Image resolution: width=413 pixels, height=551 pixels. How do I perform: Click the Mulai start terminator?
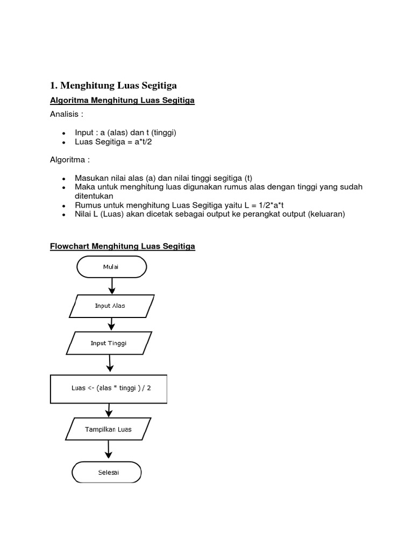tap(112, 266)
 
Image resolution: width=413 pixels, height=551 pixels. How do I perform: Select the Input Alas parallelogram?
tap(112, 306)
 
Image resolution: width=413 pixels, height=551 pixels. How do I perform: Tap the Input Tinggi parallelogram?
tap(110, 343)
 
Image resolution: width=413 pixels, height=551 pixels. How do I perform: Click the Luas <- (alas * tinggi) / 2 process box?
tap(109, 388)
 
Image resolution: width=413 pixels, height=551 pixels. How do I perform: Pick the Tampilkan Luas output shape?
tap(108, 429)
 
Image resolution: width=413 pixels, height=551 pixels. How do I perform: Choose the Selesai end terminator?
tap(107, 473)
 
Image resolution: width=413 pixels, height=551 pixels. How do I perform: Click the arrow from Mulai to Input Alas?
tap(112, 286)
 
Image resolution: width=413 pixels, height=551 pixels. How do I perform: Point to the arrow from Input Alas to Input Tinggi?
tap(111, 324)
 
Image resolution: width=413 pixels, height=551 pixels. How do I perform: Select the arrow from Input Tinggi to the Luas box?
tap(110, 364)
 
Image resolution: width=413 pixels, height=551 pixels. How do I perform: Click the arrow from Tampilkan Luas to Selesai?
tap(109, 449)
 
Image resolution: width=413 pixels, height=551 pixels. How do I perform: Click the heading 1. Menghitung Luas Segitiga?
tap(113, 85)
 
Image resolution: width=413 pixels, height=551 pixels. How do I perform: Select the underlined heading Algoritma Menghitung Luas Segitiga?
tap(122, 101)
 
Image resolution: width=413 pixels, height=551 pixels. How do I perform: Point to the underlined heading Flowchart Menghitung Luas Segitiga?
tap(123, 246)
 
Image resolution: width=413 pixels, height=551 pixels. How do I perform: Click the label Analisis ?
tap(67, 115)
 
